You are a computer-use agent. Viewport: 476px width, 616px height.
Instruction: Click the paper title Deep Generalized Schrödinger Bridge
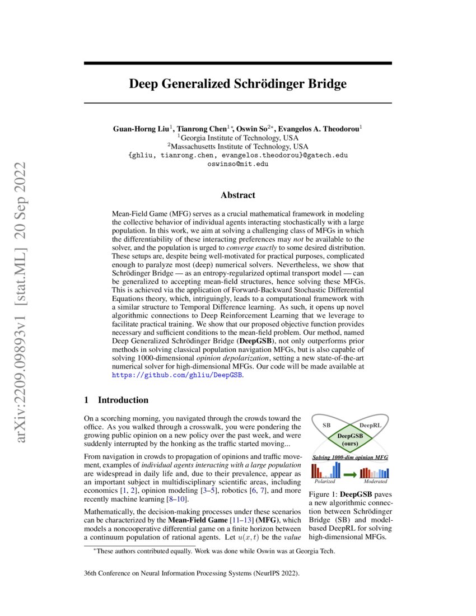(238, 85)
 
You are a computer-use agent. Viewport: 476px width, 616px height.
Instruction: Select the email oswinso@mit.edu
(238, 164)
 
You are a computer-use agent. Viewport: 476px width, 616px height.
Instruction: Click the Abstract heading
(238, 195)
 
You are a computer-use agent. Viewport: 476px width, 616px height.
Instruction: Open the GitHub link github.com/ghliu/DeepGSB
(178, 374)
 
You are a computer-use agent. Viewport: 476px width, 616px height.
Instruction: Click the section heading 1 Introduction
(116, 400)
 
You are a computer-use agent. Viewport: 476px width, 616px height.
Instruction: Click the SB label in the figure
(326, 426)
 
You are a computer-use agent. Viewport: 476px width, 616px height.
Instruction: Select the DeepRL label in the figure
(370, 426)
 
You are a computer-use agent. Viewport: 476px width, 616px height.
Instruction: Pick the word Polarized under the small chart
(325, 482)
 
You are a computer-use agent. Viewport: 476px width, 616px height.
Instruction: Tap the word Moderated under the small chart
(375, 482)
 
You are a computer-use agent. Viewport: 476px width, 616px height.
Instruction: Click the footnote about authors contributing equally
(216, 551)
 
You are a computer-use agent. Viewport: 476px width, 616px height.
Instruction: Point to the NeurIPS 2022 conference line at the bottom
(191, 574)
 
